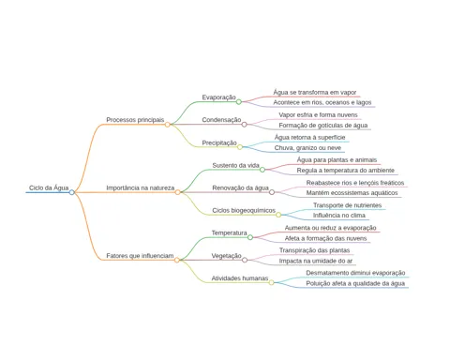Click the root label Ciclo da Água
click(49, 187)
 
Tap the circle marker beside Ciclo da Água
click(72, 192)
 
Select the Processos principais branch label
click(135, 120)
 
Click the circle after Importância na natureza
click(177, 192)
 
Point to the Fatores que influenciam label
click(140, 256)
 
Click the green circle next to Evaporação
click(238, 102)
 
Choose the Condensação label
click(221, 120)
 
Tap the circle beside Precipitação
click(240, 147)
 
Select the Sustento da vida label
click(235, 165)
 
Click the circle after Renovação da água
click(272, 192)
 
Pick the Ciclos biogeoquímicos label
click(244, 210)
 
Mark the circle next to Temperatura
click(250, 237)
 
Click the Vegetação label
click(227, 256)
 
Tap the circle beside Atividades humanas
click(271, 282)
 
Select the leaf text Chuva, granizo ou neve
click(307, 148)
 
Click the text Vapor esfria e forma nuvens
click(318, 115)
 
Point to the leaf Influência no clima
click(339, 216)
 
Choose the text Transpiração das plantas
click(314, 250)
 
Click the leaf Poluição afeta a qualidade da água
click(355, 283)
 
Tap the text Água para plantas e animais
click(337, 160)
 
